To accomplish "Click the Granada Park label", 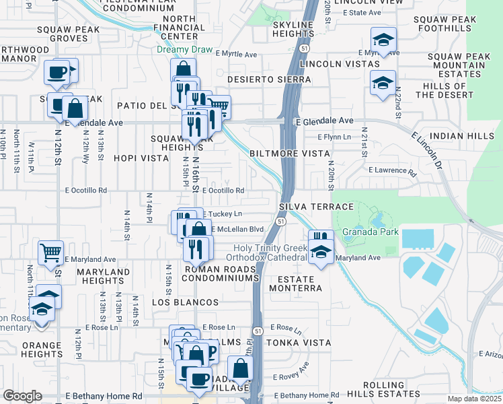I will coord(371,232).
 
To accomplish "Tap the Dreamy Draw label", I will coord(184,50).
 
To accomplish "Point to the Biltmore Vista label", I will coord(290,154).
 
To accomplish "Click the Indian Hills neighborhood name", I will coord(461,136).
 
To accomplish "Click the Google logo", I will coord(22,396).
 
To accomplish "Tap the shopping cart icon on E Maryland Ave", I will coord(51,254).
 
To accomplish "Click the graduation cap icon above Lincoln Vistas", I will coord(383,40).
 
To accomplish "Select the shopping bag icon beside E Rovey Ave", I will coord(239,368).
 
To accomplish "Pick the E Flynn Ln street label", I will coord(334,137).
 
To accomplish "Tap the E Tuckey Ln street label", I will coord(223,214).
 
